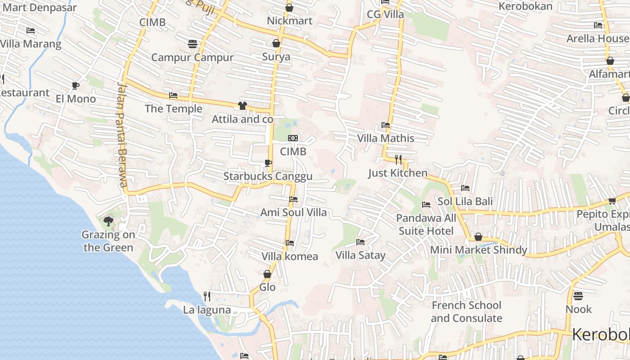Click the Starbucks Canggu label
coord(268,176)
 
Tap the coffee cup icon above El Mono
coord(76,85)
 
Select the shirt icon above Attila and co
coord(243,106)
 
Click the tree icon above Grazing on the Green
coord(108,221)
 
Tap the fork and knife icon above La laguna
coord(207,296)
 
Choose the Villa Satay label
coord(360,255)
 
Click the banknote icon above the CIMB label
coord(293,138)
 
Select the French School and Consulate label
coord(466,311)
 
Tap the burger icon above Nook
coord(578,296)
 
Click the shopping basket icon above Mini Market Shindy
coord(478,237)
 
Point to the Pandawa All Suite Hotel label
coord(426,224)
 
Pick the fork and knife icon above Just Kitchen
coord(398,159)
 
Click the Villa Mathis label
coord(386,138)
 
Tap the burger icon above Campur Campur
coord(193,44)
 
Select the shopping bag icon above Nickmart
coord(289,8)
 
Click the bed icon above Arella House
coord(598,25)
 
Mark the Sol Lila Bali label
coord(465,201)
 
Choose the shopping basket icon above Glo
coord(267,274)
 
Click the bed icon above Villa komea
coord(290,243)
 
